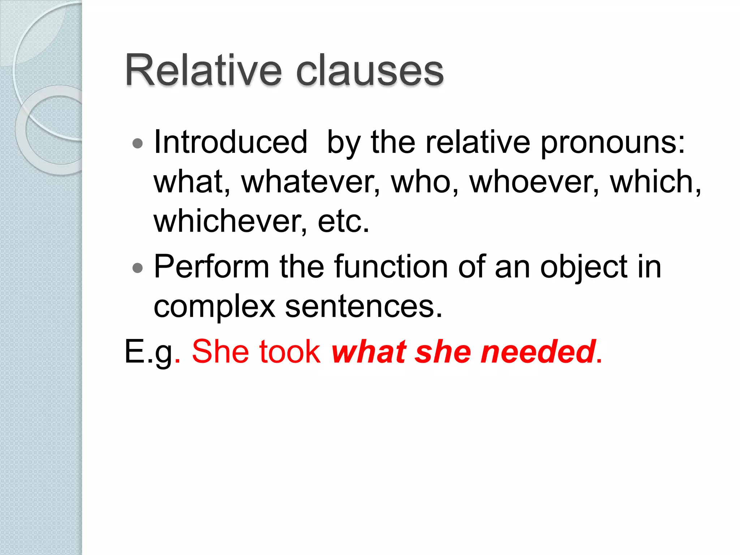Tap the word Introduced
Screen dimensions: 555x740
(231, 142)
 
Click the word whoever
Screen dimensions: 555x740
(534, 182)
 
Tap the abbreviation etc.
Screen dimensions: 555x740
(343, 222)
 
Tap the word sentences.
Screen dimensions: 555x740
(363, 307)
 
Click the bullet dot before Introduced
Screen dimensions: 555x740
(138, 144)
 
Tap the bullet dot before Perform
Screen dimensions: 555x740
(138, 268)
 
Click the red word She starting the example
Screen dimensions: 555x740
(220, 352)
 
